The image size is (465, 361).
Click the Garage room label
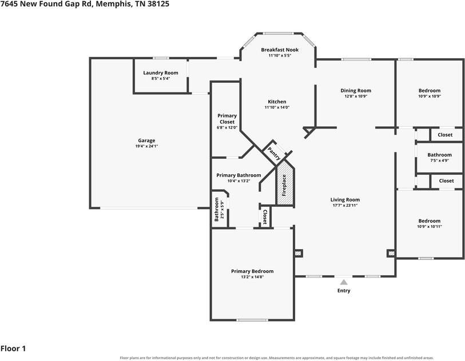click(146, 141)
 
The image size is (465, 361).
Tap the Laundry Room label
click(161, 73)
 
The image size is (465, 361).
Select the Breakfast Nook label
click(280, 50)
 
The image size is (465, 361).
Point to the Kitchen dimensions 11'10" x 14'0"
click(277, 107)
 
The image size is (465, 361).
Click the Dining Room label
click(356, 91)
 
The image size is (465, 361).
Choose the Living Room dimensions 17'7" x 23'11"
click(345, 205)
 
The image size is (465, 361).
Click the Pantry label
click(274, 153)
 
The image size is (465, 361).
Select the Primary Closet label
click(227, 119)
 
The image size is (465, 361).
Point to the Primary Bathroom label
click(239, 175)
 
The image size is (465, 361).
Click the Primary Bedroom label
click(252, 271)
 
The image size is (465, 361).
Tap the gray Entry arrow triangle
click(344, 282)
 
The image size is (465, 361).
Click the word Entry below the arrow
click(344, 291)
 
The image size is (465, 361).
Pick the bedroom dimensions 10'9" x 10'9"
click(430, 96)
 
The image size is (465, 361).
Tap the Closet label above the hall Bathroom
click(445, 135)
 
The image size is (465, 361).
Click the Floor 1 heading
click(13, 348)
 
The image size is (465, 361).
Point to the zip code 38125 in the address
click(158, 4)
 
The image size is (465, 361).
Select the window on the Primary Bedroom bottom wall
click(252, 320)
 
